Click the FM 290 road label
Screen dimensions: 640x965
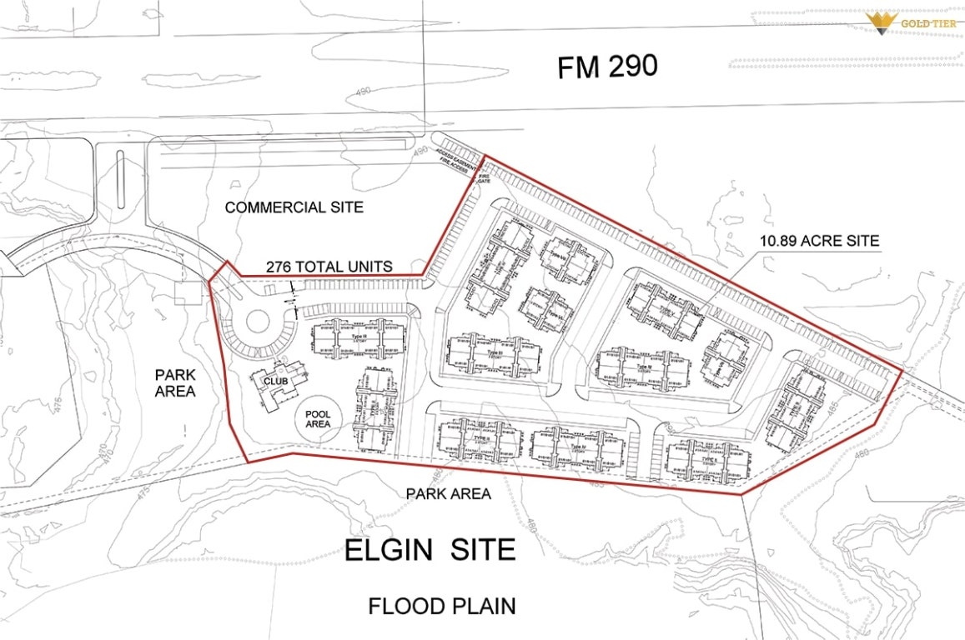[x=607, y=67]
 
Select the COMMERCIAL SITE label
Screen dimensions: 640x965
[x=294, y=207]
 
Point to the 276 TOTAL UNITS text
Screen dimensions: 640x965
[x=329, y=267]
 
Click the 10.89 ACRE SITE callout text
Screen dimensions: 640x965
[x=819, y=242]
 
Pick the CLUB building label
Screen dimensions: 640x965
[x=276, y=382]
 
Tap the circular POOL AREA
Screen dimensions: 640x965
[x=318, y=418]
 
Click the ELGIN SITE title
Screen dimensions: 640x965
[x=430, y=550]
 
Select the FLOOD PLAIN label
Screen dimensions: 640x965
[x=441, y=606]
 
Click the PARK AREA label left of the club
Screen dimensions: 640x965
[x=175, y=382]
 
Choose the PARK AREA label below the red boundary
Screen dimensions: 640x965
[x=448, y=493]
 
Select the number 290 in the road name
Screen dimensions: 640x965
[x=631, y=67]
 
